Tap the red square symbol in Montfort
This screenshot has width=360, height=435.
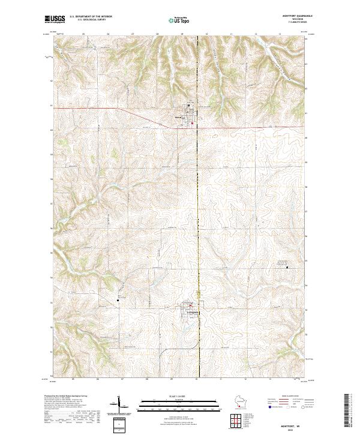[192, 124]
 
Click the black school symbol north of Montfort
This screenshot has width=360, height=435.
[190, 107]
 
